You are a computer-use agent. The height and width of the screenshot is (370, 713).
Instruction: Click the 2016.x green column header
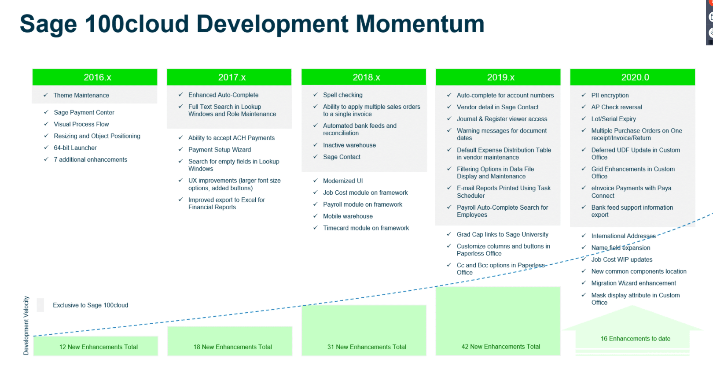coord(95,77)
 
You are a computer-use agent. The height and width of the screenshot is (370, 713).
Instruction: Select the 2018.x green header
coord(364,77)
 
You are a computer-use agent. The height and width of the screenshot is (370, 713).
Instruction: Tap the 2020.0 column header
coord(632,77)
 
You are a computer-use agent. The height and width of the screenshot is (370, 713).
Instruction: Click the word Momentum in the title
coord(420,24)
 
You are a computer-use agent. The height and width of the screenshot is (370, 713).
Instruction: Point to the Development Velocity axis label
coord(26,326)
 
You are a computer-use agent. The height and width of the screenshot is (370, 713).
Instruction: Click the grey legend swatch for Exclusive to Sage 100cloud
coord(40,305)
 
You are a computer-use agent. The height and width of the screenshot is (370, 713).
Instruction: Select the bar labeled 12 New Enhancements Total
coord(96,346)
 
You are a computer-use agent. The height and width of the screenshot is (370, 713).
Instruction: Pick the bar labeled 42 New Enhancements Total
coord(498,321)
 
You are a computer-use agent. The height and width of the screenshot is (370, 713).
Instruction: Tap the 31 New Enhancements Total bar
coord(364,330)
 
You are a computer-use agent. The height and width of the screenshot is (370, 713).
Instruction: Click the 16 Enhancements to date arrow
coord(632,331)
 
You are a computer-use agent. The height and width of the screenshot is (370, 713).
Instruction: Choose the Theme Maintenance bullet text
coord(81,95)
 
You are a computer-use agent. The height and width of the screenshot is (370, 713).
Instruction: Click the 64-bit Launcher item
coord(75,148)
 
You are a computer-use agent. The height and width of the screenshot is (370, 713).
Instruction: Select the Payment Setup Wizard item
coord(220,150)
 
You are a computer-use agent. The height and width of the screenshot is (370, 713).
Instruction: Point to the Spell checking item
coord(343,95)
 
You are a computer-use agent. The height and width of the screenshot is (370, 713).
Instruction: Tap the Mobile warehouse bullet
coord(348,216)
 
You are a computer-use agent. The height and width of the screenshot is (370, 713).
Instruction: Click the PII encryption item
coord(610,95)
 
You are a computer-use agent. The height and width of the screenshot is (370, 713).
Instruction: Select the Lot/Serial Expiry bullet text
coord(614,119)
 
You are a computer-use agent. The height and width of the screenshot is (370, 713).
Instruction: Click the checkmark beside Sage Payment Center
coord(46,112)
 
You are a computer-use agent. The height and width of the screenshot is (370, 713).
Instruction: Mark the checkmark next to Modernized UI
coord(316,181)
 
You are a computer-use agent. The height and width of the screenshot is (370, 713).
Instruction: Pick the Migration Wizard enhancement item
coord(634,283)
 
